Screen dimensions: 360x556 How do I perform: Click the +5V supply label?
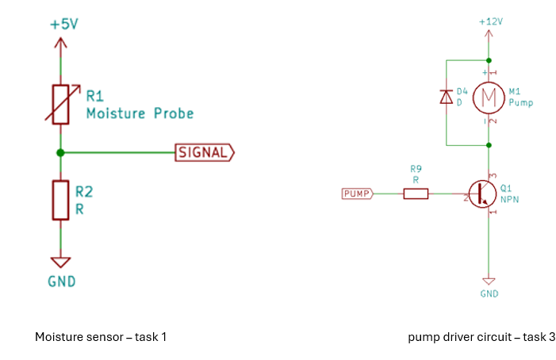(63, 25)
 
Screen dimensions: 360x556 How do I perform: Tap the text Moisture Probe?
(139, 113)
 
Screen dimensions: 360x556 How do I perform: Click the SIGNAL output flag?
(204, 152)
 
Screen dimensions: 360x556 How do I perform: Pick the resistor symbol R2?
(60, 200)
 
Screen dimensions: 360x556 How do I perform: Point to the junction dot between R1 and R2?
(60, 152)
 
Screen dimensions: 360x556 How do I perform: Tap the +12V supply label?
(491, 22)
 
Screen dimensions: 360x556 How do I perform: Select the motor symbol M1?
(489, 98)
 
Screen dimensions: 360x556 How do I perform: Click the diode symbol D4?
(446, 98)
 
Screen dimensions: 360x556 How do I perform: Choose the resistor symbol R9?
(416, 193)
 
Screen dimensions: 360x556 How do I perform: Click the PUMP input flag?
(357, 193)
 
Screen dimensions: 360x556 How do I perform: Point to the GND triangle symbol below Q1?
(489, 281)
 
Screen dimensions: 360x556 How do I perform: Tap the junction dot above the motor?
(489, 59)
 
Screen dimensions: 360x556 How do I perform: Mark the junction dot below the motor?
(489, 145)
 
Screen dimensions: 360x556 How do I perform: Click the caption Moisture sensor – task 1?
(101, 337)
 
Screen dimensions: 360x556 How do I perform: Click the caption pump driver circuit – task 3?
(481, 337)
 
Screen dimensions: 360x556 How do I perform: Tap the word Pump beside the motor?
(520, 103)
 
